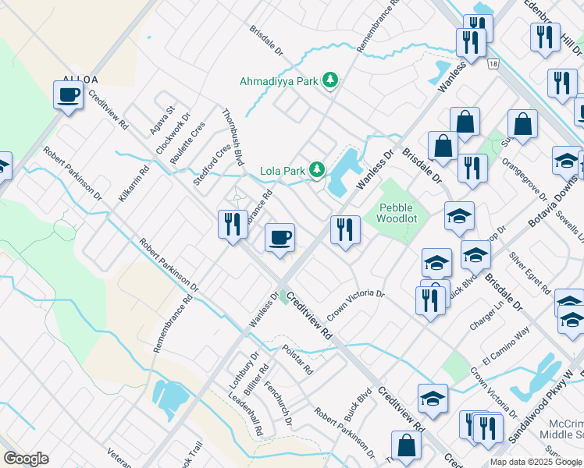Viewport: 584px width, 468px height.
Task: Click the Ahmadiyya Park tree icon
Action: (331, 80)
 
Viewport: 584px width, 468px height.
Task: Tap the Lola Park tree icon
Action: (317, 169)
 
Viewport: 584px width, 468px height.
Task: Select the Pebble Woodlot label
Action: (397, 213)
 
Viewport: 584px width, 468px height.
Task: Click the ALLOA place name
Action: (76, 80)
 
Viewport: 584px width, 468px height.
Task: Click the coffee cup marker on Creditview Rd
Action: (280, 237)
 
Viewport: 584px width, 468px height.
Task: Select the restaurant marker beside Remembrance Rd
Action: (232, 225)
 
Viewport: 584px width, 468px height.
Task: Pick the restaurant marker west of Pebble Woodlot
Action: (345, 229)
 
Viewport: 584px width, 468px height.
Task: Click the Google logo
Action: (26, 459)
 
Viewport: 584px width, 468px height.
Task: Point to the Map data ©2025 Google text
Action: (536, 462)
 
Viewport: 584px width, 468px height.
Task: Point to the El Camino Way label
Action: (506, 346)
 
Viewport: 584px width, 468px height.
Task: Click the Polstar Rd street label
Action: (297, 360)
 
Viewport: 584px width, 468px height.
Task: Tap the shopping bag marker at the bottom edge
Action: (407, 445)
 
